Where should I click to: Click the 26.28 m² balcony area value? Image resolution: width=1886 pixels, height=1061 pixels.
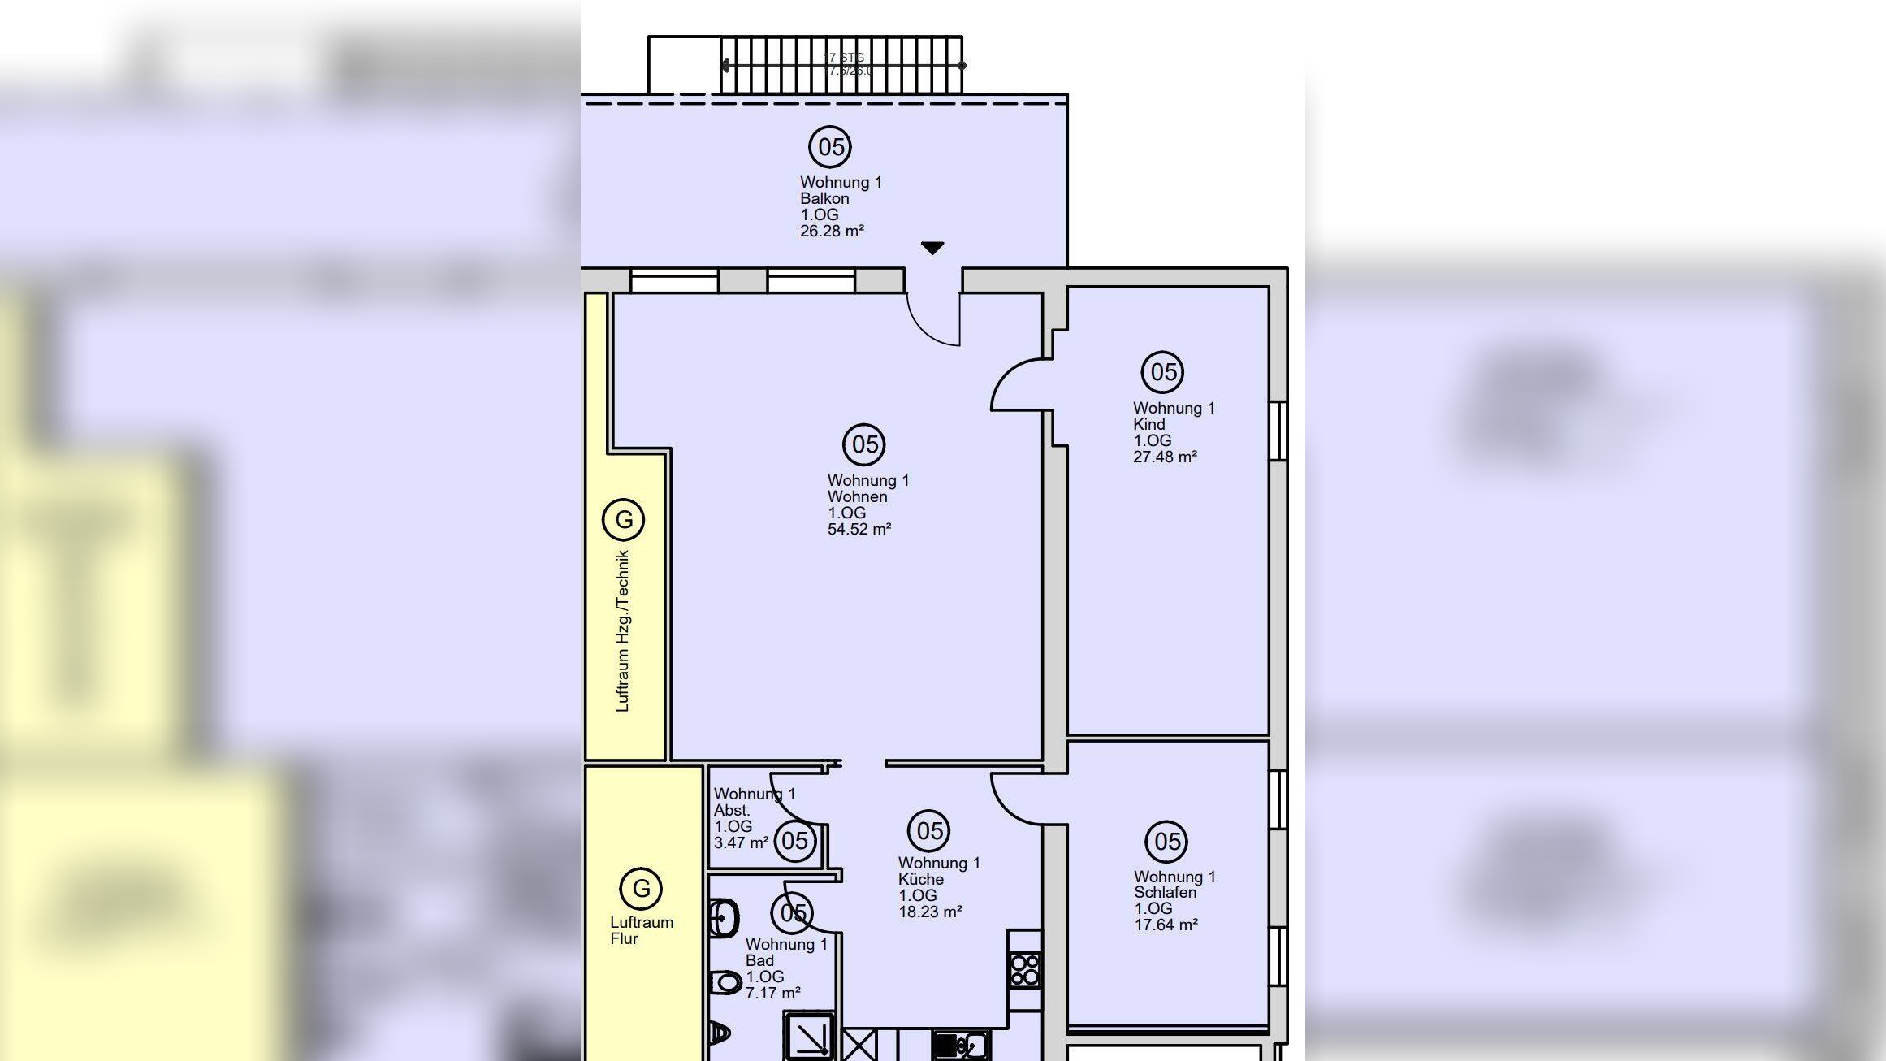[x=832, y=232]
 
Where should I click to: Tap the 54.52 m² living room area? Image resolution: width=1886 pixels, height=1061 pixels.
[x=859, y=530]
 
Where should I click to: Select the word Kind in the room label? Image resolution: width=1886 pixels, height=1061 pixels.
[x=1149, y=425]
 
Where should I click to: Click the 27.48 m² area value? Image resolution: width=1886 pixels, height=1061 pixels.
[x=1165, y=457]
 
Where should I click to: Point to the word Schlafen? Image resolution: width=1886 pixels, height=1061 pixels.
[x=1165, y=893]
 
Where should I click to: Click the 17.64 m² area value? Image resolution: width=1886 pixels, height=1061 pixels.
[x=1166, y=925]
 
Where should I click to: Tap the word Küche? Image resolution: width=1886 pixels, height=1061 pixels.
[x=920, y=880]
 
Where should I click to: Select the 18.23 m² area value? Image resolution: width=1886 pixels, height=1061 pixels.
[x=930, y=912]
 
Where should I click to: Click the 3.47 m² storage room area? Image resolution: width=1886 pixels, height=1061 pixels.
[x=741, y=843]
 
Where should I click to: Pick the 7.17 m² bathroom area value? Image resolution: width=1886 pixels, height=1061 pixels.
[x=772, y=994]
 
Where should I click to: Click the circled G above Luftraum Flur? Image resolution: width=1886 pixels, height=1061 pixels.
[x=641, y=889]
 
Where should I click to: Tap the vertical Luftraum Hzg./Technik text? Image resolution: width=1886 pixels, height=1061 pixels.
[x=623, y=631]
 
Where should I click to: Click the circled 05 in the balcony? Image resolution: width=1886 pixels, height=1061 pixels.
[x=830, y=147]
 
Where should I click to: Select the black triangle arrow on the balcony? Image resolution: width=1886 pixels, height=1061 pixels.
[x=932, y=248]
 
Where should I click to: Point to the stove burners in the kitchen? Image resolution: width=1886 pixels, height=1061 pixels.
[x=1025, y=970]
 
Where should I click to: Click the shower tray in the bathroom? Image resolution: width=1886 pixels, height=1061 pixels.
[x=809, y=1036]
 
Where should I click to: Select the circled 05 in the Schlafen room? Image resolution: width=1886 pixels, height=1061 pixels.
[x=1166, y=842]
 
